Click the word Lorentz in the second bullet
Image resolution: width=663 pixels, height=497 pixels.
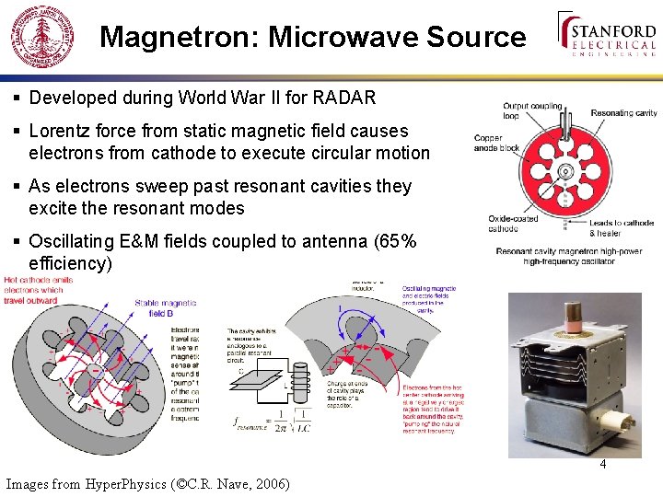pyautogui.click(x=61, y=132)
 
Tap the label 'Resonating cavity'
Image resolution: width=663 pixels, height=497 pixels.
pyautogui.click(x=623, y=113)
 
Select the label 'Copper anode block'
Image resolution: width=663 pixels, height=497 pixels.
pyautogui.click(x=496, y=143)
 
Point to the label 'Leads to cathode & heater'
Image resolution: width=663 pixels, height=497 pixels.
pyautogui.click(x=622, y=227)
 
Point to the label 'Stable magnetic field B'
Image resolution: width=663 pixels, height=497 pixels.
pyautogui.click(x=167, y=306)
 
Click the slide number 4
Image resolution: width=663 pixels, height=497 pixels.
pyautogui.click(x=603, y=464)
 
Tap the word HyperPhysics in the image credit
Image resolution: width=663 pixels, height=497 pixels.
pyautogui.click(x=124, y=483)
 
